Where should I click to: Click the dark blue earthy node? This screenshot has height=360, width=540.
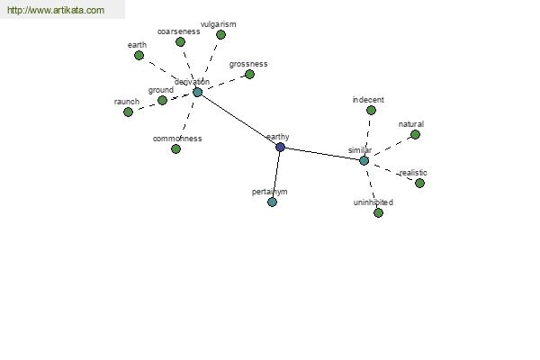click(x=280, y=147)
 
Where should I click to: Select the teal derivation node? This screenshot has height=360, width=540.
click(x=197, y=92)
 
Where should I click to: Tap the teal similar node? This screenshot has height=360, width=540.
click(x=364, y=160)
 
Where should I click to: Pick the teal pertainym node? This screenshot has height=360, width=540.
click(x=272, y=202)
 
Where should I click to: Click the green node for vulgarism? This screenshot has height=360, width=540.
click(x=220, y=34)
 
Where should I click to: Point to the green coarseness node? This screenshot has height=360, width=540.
click(x=180, y=42)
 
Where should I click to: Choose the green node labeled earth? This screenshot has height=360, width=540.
click(x=139, y=55)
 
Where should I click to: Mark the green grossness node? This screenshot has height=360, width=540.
click(x=249, y=74)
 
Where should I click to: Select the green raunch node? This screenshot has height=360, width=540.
click(x=128, y=112)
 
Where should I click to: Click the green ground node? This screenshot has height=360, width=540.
click(x=162, y=100)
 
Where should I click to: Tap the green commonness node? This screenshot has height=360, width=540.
click(x=176, y=148)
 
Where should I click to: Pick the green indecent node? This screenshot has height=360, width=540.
click(x=371, y=110)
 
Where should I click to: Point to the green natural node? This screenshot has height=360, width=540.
click(x=415, y=134)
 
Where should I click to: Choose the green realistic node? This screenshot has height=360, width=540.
click(x=419, y=183)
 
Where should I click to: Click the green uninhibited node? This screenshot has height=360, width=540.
click(x=378, y=212)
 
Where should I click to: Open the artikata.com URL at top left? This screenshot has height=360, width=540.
click(x=56, y=10)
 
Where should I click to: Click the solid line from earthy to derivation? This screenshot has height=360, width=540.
click(x=238, y=120)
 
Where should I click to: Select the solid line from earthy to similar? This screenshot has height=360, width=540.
click(x=322, y=154)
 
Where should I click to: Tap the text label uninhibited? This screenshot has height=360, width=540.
click(x=373, y=202)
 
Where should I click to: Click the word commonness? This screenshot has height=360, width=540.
click(x=177, y=139)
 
